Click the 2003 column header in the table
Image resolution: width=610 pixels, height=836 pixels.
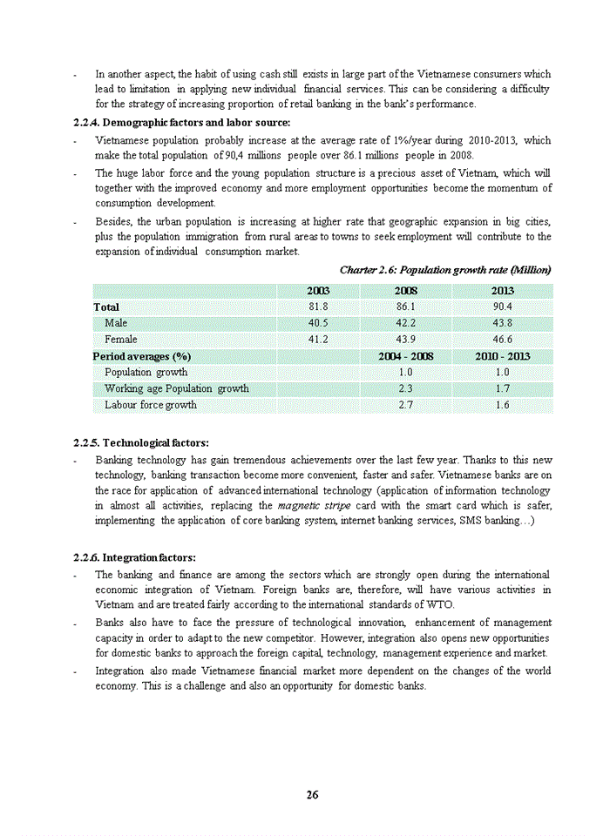[318, 291]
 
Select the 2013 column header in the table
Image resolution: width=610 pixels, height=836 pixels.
[502, 291]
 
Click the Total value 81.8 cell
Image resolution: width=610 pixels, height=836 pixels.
[318, 307]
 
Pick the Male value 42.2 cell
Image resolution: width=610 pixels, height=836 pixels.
[405, 323]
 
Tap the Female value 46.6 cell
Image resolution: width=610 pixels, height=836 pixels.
[502, 340]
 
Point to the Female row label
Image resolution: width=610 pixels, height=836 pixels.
[120, 340]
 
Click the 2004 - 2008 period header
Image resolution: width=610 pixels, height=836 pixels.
[405, 356]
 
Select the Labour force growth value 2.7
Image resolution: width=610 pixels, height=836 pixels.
[405, 405]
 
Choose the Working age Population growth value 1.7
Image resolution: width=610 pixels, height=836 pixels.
[502, 388]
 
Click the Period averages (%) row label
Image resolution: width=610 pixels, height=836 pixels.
[142, 356]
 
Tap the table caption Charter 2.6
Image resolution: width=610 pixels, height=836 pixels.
[444, 270]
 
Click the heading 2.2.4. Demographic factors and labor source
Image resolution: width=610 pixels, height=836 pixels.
[182, 122]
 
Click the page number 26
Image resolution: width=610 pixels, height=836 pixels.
[312, 794]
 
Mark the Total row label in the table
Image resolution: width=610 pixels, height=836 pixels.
[106, 307]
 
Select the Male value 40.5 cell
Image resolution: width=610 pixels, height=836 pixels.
[318, 323]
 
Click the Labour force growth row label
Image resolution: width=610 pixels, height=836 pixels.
[150, 405]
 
